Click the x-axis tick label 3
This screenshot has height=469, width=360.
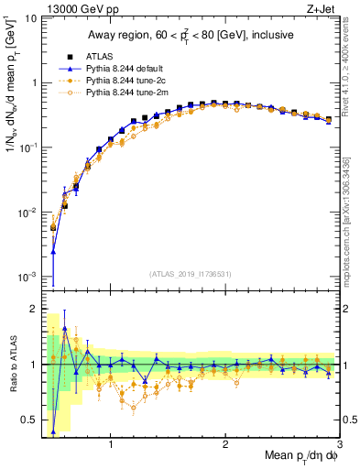(339, 446)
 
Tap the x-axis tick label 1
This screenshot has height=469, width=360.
(111, 446)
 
